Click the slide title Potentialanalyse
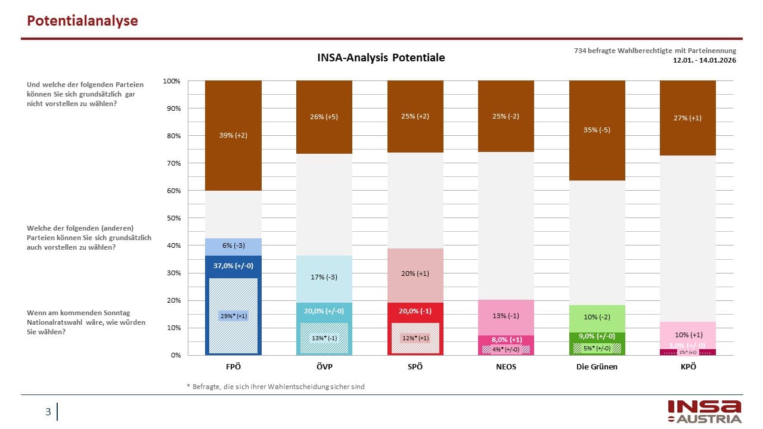(83, 21)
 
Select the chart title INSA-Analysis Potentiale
(380, 58)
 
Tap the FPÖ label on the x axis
(233, 366)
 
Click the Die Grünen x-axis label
(597, 366)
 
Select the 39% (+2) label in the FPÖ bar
(233, 135)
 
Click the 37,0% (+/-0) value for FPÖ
(233, 265)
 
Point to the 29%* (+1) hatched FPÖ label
(234, 316)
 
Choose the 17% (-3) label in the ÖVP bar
(324, 277)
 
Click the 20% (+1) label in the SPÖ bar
(415, 273)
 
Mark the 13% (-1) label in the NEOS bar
(506, 316)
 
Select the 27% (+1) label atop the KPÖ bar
(687, 117)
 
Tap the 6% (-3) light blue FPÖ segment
(233, 246)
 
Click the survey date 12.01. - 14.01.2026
(705, 60)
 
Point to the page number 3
(48, 412)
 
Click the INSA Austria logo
(704, 411)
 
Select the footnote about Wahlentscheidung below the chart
(275, 387)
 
